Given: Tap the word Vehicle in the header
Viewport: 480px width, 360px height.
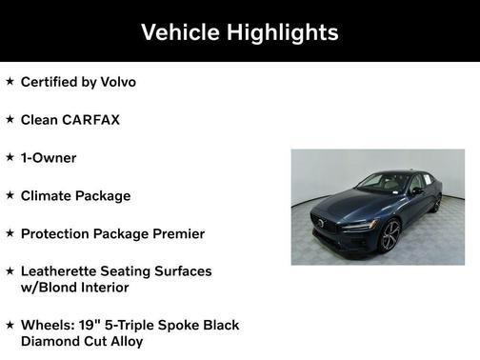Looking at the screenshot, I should coord(181,32).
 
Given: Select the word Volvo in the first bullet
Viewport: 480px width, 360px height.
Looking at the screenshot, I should coord(116,82).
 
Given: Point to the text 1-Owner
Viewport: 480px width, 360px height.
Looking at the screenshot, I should coord(49,157).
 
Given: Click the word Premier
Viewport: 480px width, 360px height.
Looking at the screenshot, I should coord(177,233).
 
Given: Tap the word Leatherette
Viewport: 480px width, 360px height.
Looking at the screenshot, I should coord(63,270).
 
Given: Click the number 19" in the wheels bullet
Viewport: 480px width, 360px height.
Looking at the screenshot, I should coord(83,325).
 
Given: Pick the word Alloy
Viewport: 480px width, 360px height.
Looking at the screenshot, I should coord(126,341).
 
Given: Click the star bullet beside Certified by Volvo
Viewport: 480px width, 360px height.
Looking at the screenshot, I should coord(10,82).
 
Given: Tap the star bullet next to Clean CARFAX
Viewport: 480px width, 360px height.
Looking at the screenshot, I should coord(10,119).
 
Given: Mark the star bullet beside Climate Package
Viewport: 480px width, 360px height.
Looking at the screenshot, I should coord(10,194).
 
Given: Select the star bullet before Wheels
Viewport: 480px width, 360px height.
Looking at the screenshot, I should coord(10,324).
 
